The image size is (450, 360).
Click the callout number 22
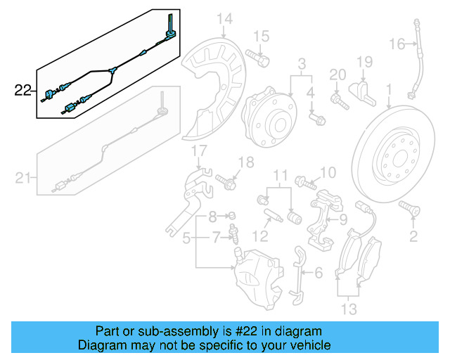click(22, 89)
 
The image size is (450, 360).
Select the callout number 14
click(224, 18)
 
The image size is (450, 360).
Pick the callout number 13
click(349, 309)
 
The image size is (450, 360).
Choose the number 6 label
click(317, 273)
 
